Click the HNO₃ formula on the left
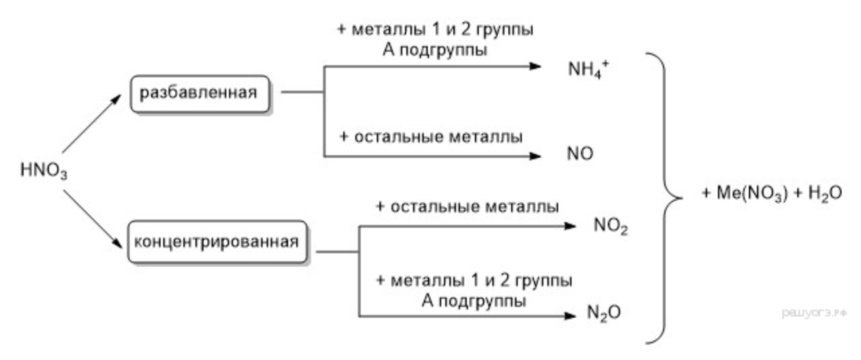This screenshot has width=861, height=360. pos(44,170)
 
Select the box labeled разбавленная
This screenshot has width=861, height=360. pos(200,94)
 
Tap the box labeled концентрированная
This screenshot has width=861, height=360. pos(218,242)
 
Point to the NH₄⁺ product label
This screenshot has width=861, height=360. pos(588,69)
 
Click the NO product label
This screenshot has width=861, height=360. pos(580,154)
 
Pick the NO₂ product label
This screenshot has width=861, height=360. pos(610,226)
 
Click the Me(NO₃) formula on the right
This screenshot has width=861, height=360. pos(752,193)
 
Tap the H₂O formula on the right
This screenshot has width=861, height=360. pos(825,193)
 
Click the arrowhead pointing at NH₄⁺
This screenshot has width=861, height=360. pos(535,66)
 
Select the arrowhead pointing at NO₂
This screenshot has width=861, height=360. pos(570,226)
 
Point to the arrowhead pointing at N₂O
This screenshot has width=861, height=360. pos(570,316)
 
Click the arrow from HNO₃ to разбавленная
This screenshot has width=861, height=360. pos(91,124)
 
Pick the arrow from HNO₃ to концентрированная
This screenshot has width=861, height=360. pos(93,219)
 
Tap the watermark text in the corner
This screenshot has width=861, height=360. pos(814,313)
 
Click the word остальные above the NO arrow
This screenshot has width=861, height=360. pos(399,137)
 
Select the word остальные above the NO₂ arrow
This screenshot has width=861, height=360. pos(435,207)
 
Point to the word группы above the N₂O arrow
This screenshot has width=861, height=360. pos(544,281)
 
